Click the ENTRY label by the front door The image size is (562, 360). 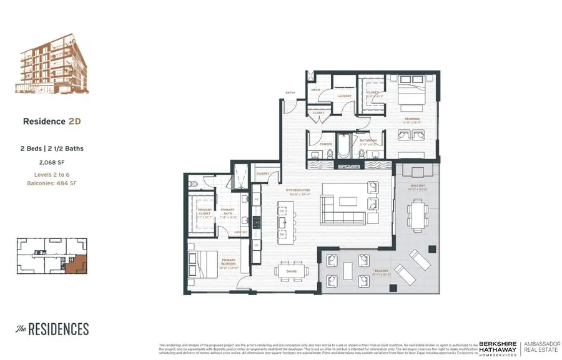tap(290, 93)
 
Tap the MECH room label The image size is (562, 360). tap(315, 90)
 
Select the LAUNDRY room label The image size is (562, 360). tap(344, 96)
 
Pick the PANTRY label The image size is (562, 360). tap(262, 174)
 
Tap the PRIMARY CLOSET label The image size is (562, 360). tap(205, 212)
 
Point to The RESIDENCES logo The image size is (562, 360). tap(52, 329)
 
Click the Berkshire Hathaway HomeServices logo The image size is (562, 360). tap(498, 348)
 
